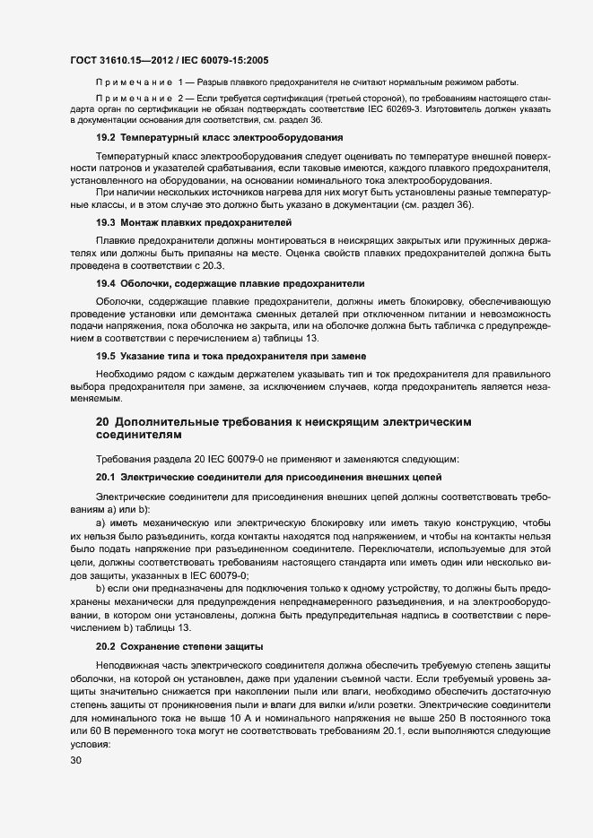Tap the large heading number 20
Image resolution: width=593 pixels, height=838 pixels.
point(103,420)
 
